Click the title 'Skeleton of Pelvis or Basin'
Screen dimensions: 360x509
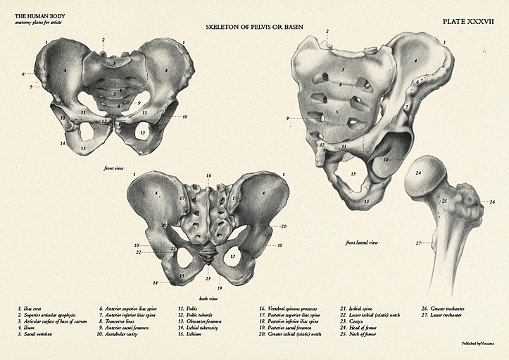tap(254, 27)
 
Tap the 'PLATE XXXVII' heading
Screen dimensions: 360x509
tap(468, 22)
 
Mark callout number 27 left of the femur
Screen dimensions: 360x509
tap(418, 243)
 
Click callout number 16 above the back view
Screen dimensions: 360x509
tap(208, 175)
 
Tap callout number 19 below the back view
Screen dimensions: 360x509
tap(220, 288)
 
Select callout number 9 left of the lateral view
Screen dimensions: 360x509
tap(288, 118)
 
